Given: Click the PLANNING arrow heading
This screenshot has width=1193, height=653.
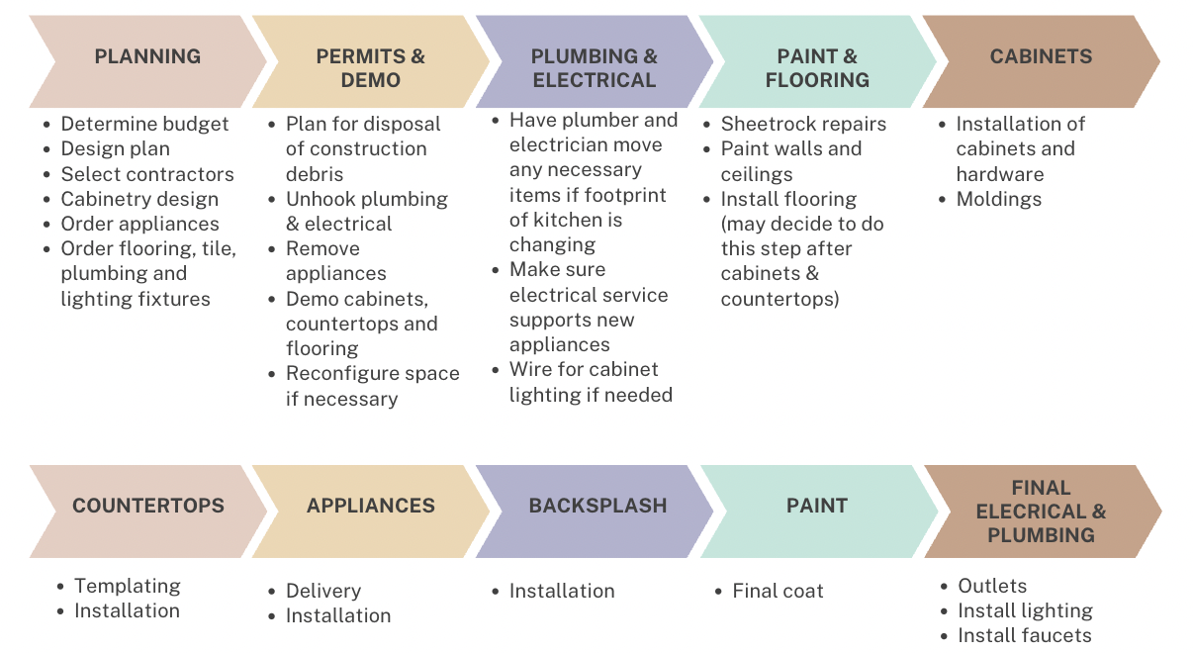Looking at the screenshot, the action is [x=147, y=57].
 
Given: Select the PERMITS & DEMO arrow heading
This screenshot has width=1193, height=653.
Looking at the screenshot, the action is [x=370, y=68].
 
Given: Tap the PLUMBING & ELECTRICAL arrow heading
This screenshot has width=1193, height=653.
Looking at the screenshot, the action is [x=594, y=68].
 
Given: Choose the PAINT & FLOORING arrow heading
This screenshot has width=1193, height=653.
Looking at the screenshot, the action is [x=817, y=68].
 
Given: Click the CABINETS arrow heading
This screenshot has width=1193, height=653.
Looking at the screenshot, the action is [x=1041, y=57].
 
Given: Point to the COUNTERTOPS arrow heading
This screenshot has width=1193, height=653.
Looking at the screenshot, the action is [x=147, y=506].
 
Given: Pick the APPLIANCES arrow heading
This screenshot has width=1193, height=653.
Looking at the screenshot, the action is [x=370, y=506].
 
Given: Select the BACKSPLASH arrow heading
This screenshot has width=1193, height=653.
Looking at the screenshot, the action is [x=597, y=506].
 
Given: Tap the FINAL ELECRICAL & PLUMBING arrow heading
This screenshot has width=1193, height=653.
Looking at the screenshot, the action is [x=1041, y=512].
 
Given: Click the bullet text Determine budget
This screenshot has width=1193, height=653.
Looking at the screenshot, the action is [x=144, y=125].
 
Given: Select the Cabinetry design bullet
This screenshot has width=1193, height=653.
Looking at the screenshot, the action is [x=139, y=199].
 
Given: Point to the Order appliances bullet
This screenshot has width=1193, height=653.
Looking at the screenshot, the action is [x=139, y=224].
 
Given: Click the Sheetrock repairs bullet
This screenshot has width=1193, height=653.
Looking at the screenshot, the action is [x=803, y=125].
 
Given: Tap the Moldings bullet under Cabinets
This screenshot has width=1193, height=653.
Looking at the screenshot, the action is [x=998, y=199].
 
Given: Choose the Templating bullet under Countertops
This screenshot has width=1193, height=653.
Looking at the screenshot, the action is [x=128, y=586].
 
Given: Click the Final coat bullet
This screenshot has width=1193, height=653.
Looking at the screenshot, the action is [x=778, y=591].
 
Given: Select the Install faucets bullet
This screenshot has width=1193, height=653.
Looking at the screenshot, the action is [x=1025, y=635].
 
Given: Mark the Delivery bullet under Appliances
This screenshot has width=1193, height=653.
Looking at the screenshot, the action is [x=323, y=591].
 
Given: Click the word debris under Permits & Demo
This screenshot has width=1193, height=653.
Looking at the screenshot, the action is [x=315, y=174].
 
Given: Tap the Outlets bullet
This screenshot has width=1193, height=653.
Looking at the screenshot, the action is [x=992, y=586].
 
